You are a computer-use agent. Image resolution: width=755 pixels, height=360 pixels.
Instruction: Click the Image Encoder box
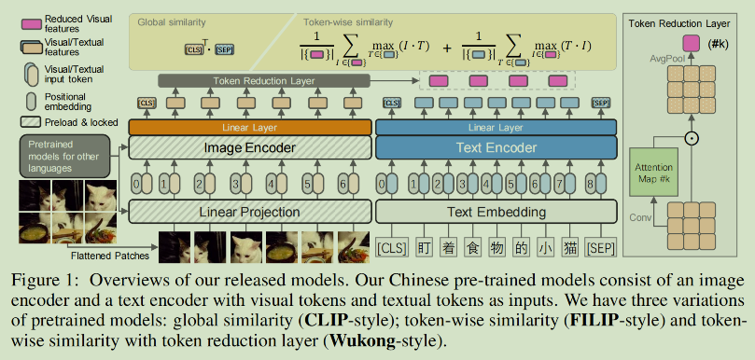[x=250, y=147]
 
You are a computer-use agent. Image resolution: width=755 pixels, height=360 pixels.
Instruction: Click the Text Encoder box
[x=496, y=147]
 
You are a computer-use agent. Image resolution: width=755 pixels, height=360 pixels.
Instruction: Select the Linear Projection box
[x=250, y=212]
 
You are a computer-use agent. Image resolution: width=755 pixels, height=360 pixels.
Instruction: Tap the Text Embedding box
[x=496, y=212]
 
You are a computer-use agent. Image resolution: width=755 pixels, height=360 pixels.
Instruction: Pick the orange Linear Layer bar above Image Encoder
[x=250, y=126]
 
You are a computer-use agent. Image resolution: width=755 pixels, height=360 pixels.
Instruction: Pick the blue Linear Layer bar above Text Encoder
[x=496, y=126]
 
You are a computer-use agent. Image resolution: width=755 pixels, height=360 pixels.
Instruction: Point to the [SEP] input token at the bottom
[x=601, y=248]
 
